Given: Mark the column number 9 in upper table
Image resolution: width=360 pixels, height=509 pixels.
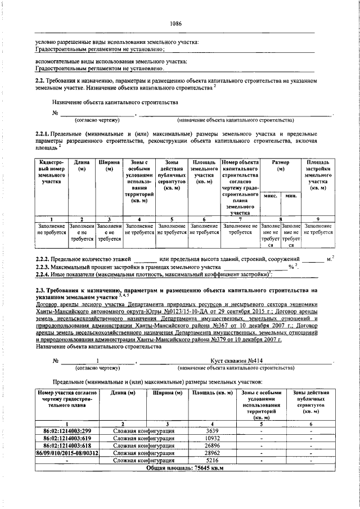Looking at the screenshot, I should (x=318, y=219).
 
